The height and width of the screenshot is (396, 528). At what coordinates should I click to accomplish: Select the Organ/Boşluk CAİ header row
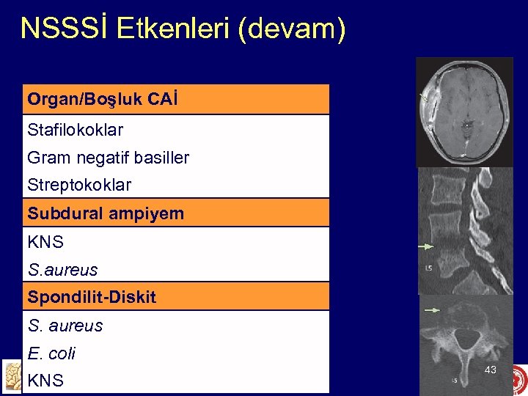[176, 99]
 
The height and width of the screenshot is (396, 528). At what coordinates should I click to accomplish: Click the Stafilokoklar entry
[75, 131]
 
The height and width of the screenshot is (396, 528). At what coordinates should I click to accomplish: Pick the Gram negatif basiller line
[108, 158]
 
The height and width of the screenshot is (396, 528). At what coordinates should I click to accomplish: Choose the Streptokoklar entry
[79, 185]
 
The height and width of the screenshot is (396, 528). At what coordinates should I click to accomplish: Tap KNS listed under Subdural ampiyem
[45, 242]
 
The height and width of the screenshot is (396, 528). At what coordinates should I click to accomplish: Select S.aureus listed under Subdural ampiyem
[62, 270]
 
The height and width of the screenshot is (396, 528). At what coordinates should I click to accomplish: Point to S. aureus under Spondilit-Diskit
[65, 326]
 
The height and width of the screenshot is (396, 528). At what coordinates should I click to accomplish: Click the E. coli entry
[51, 353]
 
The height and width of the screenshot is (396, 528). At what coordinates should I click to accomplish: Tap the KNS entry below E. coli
[45, 381]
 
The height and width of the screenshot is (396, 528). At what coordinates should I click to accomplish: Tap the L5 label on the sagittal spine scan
[428, 269]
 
